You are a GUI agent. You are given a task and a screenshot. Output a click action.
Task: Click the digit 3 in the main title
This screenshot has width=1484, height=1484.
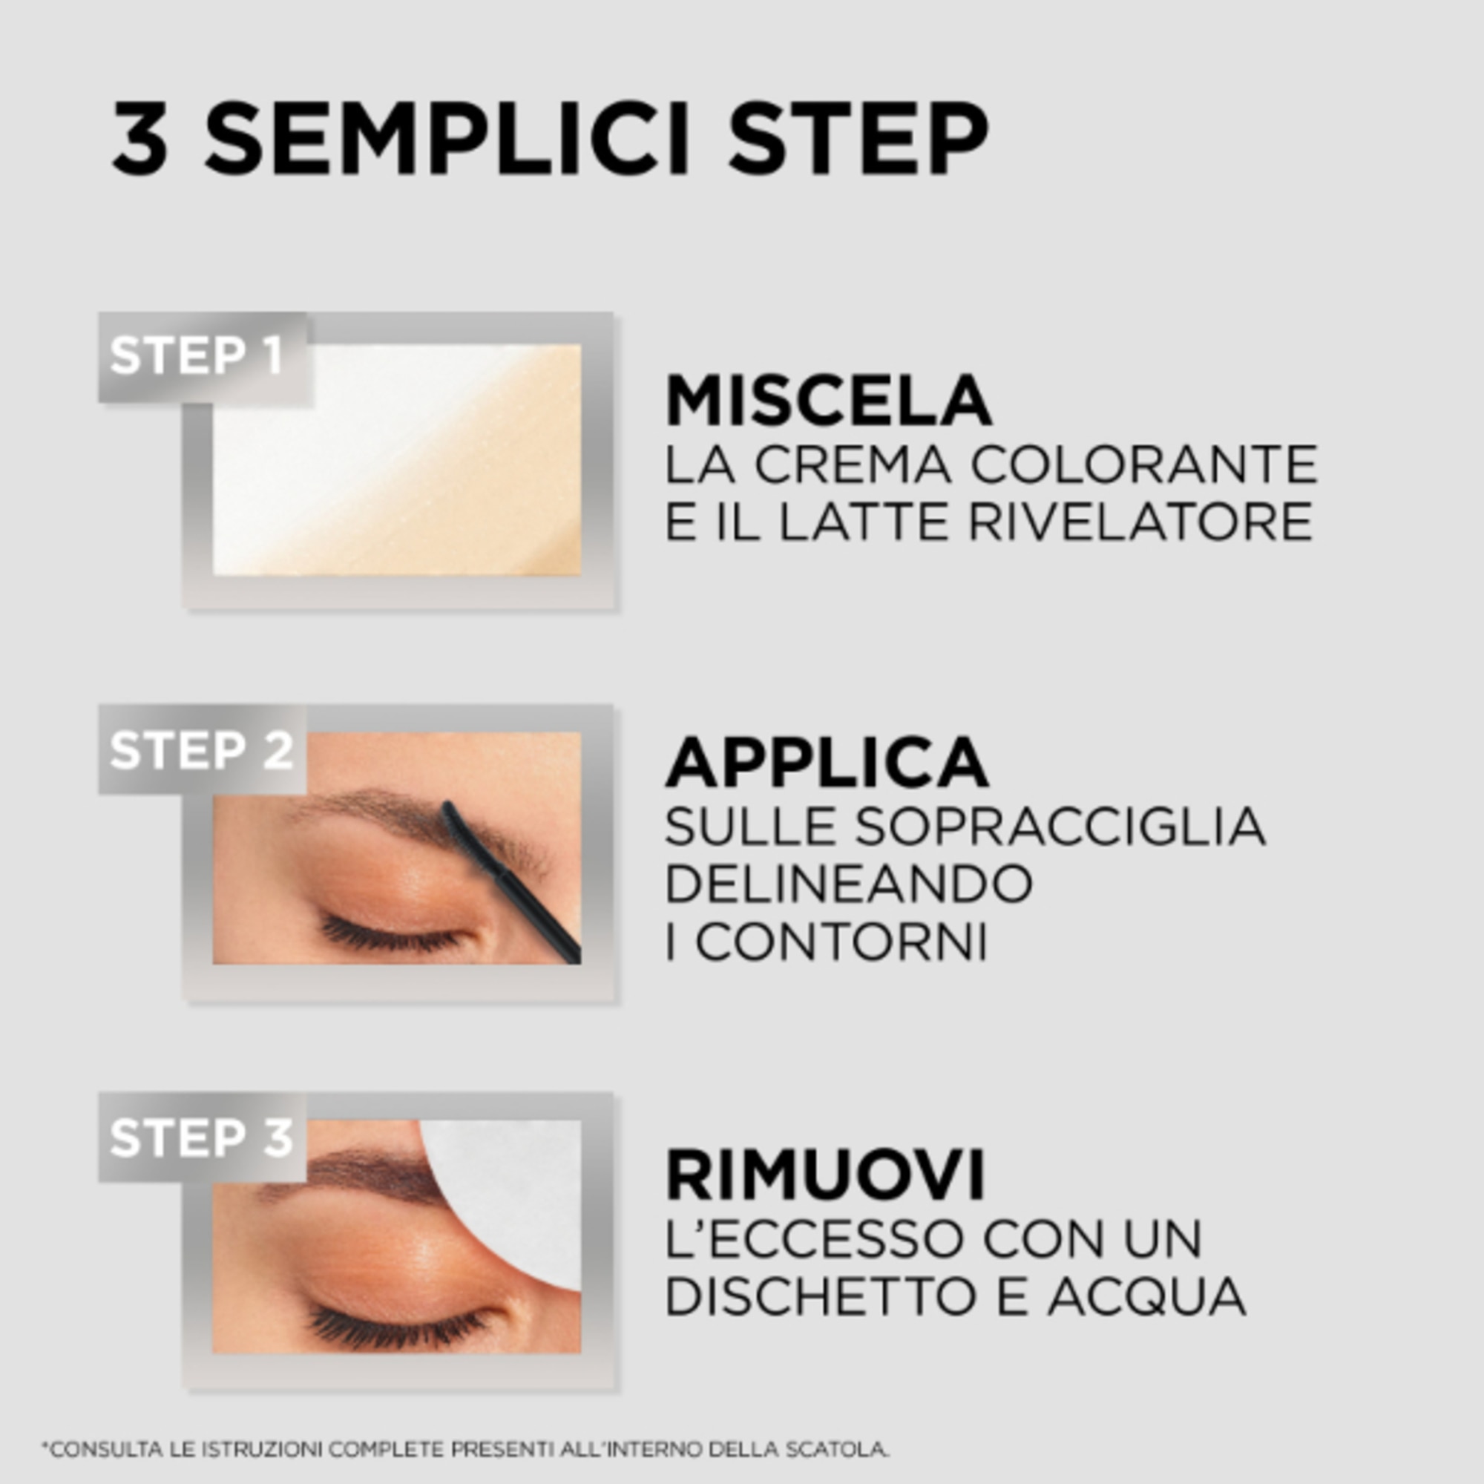[139, 138]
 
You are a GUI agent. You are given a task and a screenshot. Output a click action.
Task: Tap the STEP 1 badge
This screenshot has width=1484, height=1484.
[197, 355]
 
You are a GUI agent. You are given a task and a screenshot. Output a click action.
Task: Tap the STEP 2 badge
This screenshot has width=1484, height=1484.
[201, 749]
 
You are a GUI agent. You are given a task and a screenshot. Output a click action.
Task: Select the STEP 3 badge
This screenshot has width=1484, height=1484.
[201, 1137]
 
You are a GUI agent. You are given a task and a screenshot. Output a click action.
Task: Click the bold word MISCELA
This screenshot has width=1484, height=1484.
[828, 401]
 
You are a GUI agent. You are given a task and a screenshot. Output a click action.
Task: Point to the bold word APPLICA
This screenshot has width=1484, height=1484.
[827, 763]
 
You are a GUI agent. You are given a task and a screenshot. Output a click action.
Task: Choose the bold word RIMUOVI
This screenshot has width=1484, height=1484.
[825, 1175]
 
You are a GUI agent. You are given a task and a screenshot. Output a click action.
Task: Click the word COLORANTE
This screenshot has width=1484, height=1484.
[1143, 464]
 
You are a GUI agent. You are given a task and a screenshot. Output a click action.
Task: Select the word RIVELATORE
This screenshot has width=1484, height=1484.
[1140, 522]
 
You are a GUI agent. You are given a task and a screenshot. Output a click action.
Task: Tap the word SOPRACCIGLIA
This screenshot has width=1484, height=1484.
[1060, 827]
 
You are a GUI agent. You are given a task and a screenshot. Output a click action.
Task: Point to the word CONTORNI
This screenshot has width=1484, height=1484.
[841, 942]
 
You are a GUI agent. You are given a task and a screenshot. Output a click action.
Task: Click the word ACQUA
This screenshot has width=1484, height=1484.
[1146, 1296]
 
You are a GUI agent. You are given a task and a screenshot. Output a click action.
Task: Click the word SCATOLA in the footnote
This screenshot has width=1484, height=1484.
[837, 1449]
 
